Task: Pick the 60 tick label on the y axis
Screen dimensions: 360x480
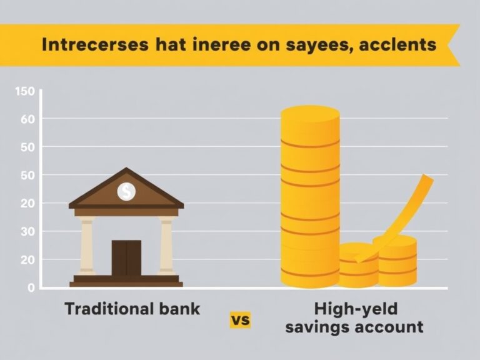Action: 26,119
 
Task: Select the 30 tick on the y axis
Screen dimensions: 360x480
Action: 26,231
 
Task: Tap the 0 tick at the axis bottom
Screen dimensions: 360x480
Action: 30,287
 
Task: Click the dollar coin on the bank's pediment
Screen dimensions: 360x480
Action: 126,191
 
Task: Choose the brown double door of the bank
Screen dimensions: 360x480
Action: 126,258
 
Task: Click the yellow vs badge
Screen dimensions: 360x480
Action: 240,320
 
